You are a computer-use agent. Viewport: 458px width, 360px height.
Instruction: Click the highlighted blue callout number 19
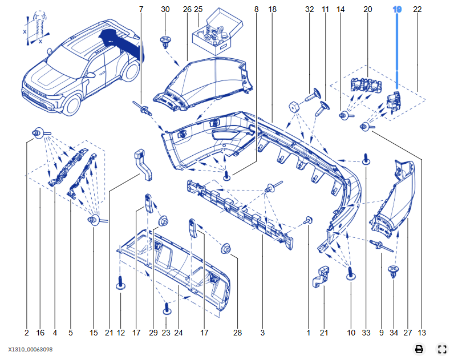[398, 10]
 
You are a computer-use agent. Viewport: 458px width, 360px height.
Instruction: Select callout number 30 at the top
[165, 10]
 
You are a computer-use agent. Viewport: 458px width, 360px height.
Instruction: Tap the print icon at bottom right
[419, 349]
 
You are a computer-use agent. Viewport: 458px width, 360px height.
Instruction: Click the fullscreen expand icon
[442, 349]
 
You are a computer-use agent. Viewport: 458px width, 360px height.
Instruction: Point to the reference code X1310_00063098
[32, 349]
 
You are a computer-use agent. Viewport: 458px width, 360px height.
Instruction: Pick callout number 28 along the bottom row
[238, 333]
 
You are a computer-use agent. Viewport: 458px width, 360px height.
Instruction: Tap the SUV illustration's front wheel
[73, 103]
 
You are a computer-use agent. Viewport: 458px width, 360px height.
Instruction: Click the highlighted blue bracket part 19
[392, 99]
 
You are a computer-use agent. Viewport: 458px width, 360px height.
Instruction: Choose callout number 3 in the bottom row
[262, 333]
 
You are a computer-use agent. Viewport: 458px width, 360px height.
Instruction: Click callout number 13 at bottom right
[421, 333]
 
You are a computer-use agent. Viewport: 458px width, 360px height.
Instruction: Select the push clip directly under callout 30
[165, 42]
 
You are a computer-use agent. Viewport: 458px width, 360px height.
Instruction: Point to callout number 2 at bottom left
[26, 333]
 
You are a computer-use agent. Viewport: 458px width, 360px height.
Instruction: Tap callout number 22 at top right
[418, 10]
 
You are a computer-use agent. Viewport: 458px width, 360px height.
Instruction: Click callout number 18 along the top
[272, 10]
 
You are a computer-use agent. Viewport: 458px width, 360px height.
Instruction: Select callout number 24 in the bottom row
[178, 333]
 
